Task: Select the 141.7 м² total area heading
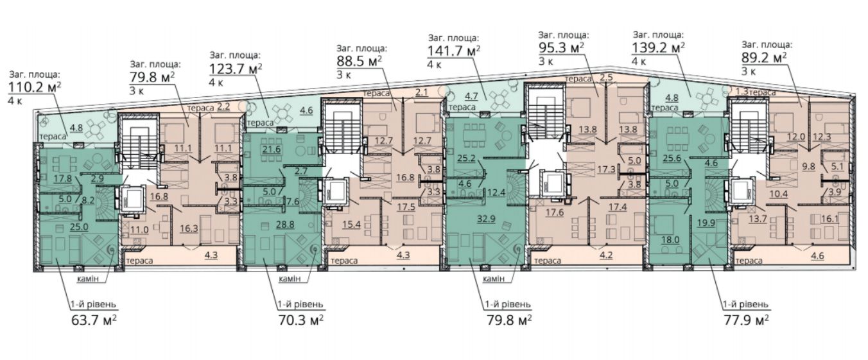(454, 51)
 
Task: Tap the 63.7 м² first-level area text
(94, 321)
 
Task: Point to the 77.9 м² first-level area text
(747, 321)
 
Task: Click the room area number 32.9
(486, 219)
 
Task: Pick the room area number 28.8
(285, 225)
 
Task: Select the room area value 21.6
(271, 149)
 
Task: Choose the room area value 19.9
(706, 223)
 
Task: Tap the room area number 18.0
(670, 240)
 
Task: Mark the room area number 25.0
(79, 227)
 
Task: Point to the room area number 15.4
(351, 225)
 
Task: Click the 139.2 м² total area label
(658, 47)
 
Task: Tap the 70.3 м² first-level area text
(301, 321)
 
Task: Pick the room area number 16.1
(829, 219)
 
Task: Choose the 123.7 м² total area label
(236, 69)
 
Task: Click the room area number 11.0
(139, 230)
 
